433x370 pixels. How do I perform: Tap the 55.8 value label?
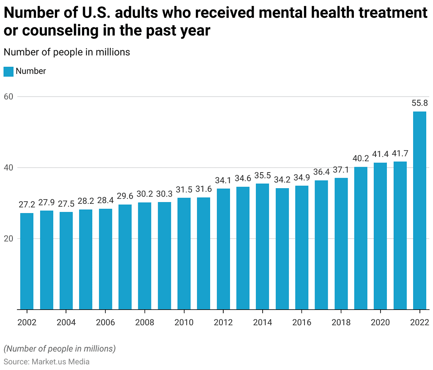coord(420,103)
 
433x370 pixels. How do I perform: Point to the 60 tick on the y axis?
coord(9,96)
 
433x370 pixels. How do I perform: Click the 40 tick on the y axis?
coord(9,167)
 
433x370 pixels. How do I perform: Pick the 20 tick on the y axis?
coord(9,238)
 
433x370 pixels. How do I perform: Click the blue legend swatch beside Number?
coord(8,71)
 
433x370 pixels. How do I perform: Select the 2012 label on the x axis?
coord(223,323)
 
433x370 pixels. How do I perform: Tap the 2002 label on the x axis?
coord(27,323)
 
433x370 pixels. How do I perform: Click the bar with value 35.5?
coord(263,246)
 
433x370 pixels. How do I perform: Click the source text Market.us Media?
coord(47,362)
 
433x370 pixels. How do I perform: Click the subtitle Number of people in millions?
coord(67,52)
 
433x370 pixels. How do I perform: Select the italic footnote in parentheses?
coord(60,349)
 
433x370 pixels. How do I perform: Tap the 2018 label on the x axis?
coord(341,323)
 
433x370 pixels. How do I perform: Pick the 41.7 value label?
coord(400,153)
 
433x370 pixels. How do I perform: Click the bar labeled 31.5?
coord(184,253)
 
